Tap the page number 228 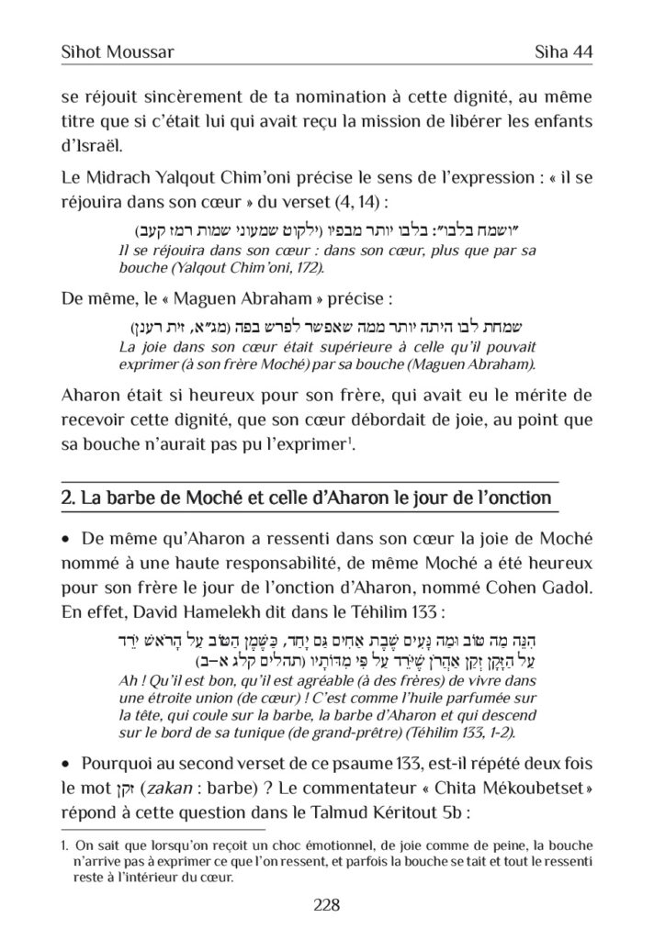(327, 905)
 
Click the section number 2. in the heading (67, 499)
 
